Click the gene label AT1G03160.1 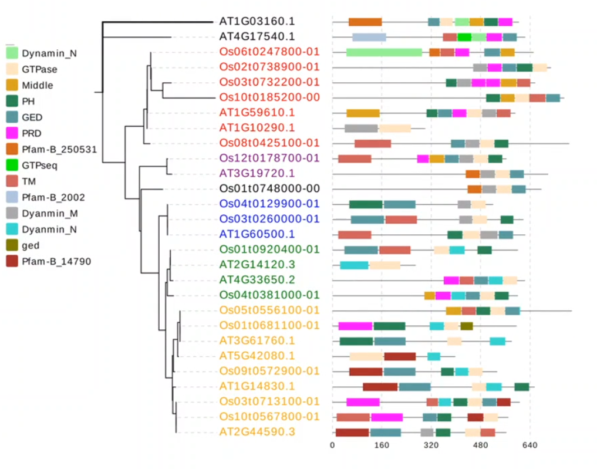click(257, 21)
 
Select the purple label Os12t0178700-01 click(269, 158)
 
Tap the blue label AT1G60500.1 click(257, 234)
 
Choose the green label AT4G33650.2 click(257, 280)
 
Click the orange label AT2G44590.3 click(257, 432)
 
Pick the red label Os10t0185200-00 click(269, 97)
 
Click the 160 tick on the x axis click(382, 445)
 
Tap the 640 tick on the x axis click(529, 445)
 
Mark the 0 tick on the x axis click(332, 445)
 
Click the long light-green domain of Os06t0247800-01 click(384, 52)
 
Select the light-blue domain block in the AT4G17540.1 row click(369, 37)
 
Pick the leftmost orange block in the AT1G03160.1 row click(365, 22)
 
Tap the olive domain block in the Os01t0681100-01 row click(467, 326)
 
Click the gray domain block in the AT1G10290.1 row click(361, 128)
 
